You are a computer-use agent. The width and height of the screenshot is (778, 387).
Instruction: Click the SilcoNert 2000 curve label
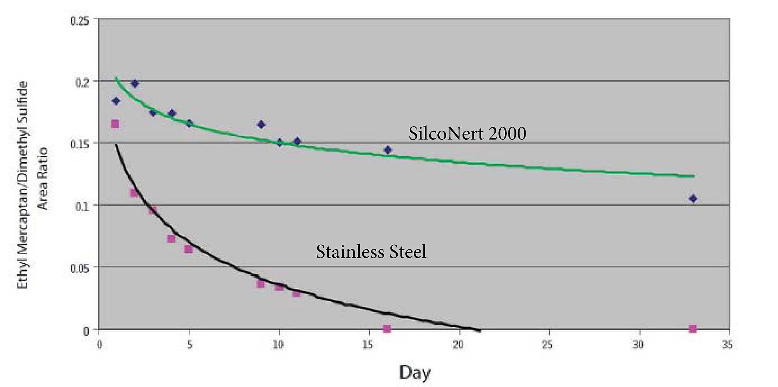[x=467, y=133]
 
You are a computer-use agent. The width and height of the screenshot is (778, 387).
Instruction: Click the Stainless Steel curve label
[x=371, y=252]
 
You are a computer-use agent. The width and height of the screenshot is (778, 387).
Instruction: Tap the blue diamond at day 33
[x=693, y=198]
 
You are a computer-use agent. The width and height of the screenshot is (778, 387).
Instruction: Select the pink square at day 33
[x=693, y=328]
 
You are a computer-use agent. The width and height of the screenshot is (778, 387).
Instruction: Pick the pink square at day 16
[x=387, y=328]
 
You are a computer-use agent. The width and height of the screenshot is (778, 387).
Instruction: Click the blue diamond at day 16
[x=387, y=150]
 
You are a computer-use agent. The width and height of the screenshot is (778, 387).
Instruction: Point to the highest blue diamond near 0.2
[x=135, y=83]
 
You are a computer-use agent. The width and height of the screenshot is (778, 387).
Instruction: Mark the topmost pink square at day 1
[x=115, y=124]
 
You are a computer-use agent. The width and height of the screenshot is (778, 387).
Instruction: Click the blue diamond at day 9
[x=261, y=125]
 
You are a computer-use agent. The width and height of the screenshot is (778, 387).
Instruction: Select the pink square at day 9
[x=260, y=284]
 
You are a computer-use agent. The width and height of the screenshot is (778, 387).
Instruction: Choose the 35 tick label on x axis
[x=727, y=345]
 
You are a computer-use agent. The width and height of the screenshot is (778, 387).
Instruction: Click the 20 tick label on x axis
[x=458, y=345]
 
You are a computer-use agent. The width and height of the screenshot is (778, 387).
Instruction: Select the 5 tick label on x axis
[x=190, y=345]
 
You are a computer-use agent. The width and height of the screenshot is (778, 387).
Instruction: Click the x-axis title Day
[x=415, y=373]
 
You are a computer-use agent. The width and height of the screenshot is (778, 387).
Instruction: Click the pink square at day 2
[x=134, y=193]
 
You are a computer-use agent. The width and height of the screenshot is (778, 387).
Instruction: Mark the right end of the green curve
[x=694, y=176]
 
